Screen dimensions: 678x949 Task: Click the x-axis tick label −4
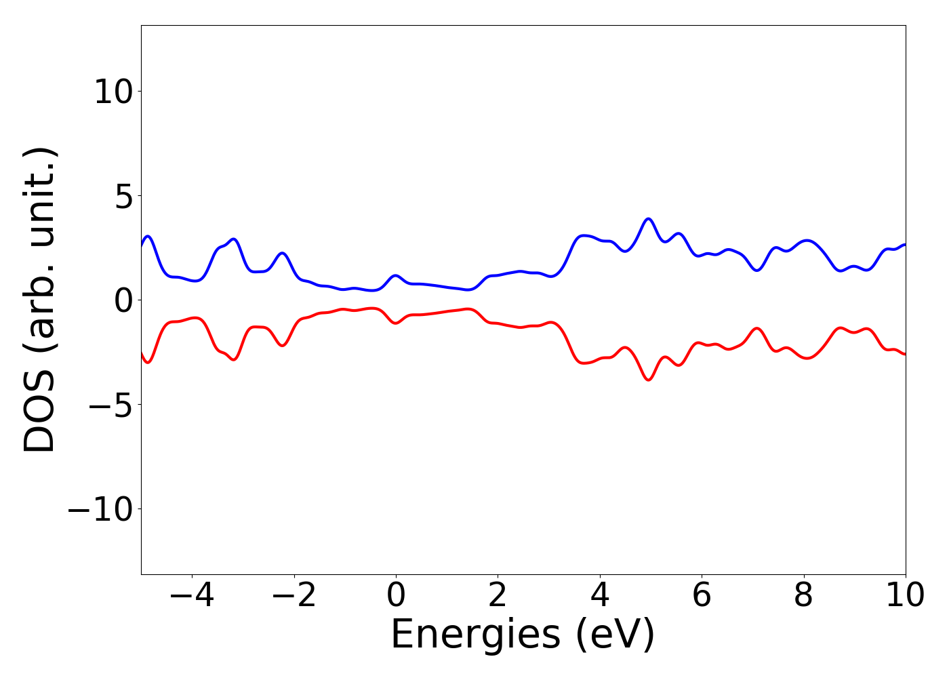click(192, 595)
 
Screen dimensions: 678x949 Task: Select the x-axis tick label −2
click(294, 595)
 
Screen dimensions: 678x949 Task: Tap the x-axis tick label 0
click(396, 595)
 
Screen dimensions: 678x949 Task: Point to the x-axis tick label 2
click(498, 595)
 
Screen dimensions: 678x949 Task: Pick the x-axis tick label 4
click(599, 595)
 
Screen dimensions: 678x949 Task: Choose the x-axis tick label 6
click(702, 595)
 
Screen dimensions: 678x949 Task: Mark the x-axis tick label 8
click(803, 595)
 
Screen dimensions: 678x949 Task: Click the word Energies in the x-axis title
click(475, 635)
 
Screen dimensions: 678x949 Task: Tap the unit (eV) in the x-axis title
click(615, 635)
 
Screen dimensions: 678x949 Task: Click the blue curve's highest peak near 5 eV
click(649, 219)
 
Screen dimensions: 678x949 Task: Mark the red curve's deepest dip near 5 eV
click(649, 380)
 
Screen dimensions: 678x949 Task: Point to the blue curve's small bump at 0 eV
click(396, 276)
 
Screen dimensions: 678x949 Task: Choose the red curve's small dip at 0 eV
click(396, 323)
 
